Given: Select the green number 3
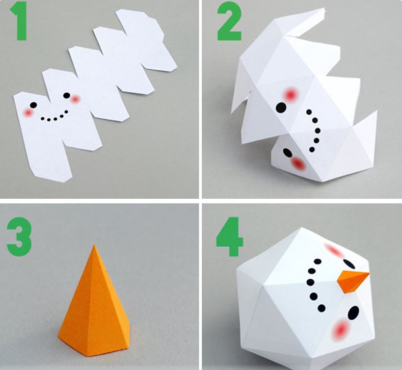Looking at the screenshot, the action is [x=19, y=236].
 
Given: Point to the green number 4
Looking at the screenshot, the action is [x=229, y=236].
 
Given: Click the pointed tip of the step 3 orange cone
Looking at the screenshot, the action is [x=94, y=246].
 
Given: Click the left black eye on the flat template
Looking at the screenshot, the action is [x=33, y=105].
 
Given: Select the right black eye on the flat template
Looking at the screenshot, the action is [x=67, y=95].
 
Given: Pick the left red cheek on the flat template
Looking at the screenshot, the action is [x=28, y=113].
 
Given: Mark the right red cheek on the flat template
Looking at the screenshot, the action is [x=75, y=99].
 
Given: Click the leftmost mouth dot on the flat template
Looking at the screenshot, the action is [x=43, y=118].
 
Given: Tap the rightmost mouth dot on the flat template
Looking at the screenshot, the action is [x=66, y=112].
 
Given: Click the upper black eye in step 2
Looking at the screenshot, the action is [x=281, y=108].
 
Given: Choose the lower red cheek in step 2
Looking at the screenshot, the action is [x=298, y=163].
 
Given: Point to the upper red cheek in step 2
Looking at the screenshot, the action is [x=290, y=95].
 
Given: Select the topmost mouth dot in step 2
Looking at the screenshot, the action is [x=309, y=112].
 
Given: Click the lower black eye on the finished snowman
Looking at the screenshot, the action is [x=353, y=312].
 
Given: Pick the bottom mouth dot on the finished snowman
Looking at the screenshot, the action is [x=321, y=308].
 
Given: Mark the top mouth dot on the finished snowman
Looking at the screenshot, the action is [x=317, y=261].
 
